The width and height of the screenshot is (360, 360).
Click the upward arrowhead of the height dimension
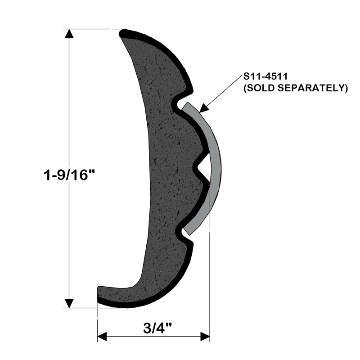tap(69, 34)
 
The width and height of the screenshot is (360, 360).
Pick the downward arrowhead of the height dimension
tap(69, 303)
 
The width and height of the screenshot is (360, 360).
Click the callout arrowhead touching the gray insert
tap(203, 108)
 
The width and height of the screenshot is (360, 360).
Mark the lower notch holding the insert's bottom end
tap(184, 233)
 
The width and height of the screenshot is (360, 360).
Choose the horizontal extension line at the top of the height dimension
tap(90, 29)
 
